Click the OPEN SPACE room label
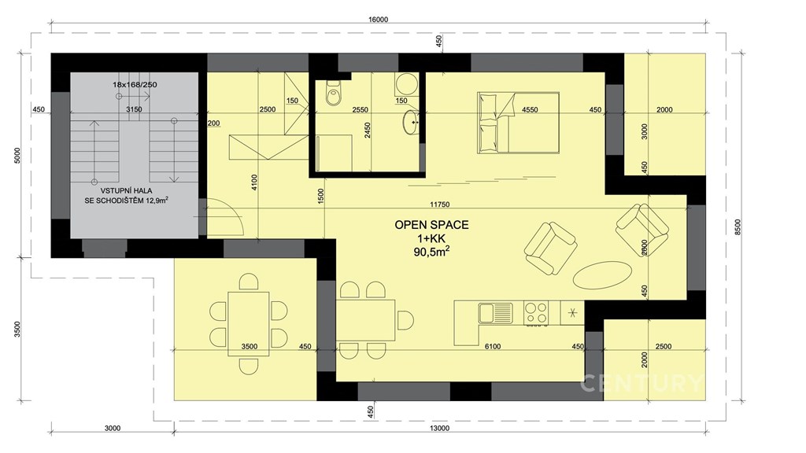point(431,225)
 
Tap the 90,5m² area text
point(431,252)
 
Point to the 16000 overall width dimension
point(378,20)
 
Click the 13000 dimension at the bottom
point(439,429)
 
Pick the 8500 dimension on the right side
point(738,227)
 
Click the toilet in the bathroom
point(333,93)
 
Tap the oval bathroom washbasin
point(411,122)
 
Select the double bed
point(518,123)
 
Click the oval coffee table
point(602,275)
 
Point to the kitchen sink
point(496,313)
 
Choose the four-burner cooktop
point(535,313)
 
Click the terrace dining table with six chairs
point(249,323)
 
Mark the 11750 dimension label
point(439,204)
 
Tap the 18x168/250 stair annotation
point(135,84)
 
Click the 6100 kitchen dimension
point(493,347)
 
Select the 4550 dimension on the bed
point(530,109)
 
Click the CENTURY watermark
point(641,384)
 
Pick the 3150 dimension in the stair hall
point(134,109)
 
